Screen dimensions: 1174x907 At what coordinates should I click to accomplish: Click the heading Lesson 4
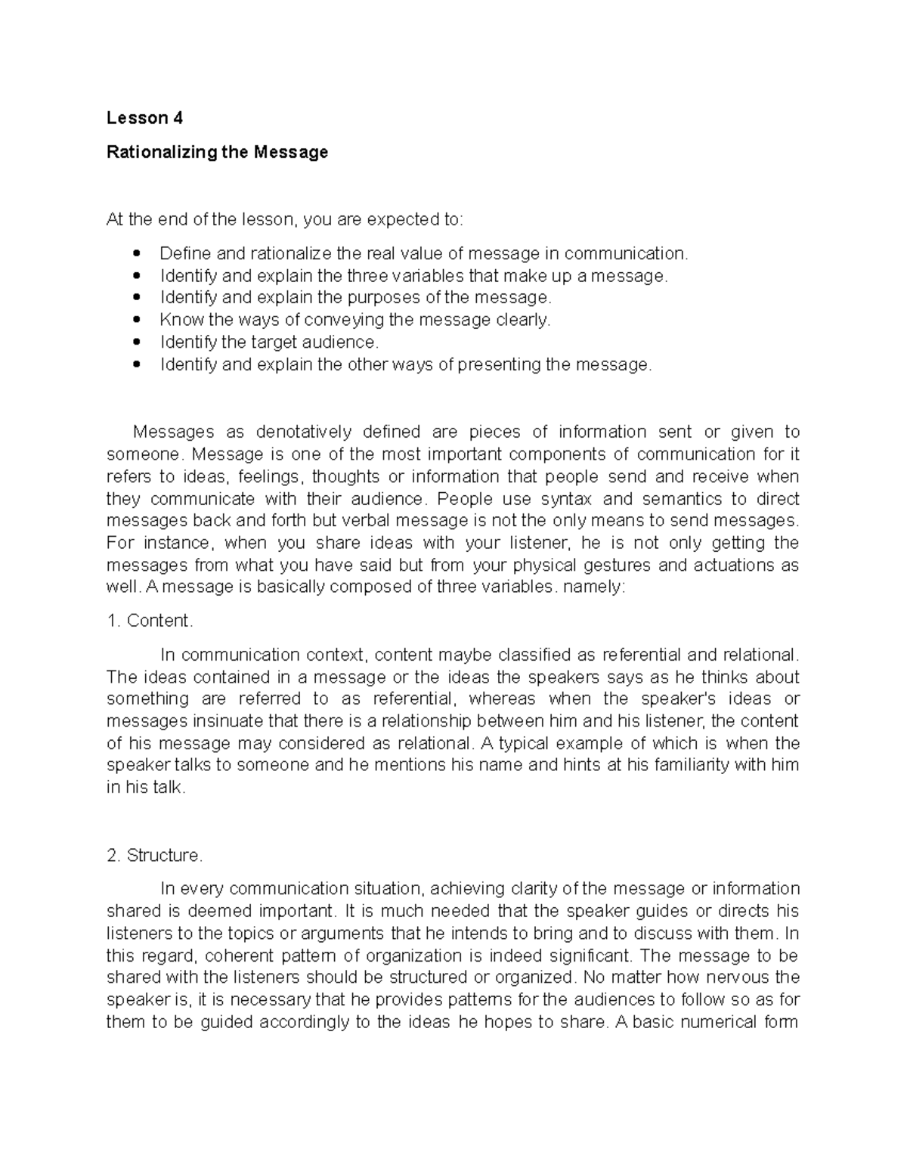coord(144,118)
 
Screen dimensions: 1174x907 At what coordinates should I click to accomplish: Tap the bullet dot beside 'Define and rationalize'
coord(136,253)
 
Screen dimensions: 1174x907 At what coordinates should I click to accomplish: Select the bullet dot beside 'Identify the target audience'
coord(136,342)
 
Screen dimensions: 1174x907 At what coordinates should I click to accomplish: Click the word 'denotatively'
coord(304,432)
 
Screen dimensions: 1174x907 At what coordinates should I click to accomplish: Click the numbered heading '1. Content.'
coord(150,621)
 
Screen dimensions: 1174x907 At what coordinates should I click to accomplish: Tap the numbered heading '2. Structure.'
coord(155,855)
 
